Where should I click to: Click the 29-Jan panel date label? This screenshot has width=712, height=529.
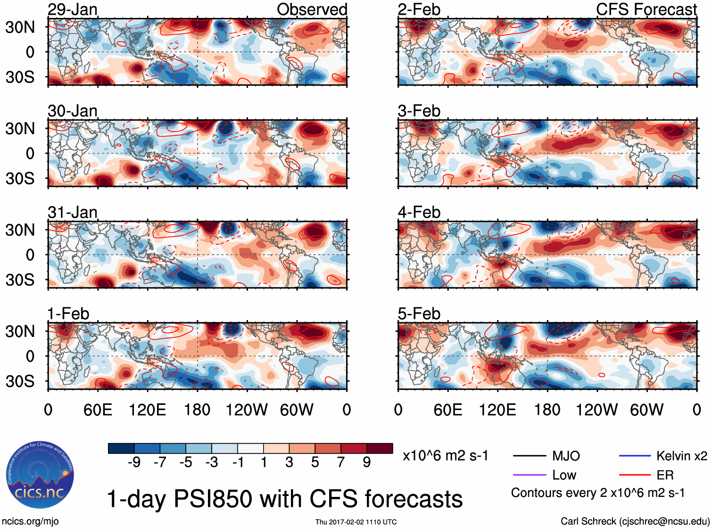coord(73,9)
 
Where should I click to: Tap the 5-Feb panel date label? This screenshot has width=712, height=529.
coord(419,314)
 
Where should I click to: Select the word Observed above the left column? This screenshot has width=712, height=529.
coord(312,9)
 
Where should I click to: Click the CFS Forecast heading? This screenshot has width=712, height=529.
coord(646,9)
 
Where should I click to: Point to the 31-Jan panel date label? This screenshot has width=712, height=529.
coord(73,212)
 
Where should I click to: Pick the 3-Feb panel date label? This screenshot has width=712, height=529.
coord(419,111)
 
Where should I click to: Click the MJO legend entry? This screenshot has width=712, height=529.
coord(566,456)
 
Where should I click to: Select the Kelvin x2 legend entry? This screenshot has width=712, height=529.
coord(681,456)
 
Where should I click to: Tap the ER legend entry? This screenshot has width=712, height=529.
coord(665,475)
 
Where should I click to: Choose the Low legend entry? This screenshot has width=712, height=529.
coord(564,475)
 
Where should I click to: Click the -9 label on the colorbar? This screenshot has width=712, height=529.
coord(134,462)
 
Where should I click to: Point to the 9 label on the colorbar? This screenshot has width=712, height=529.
coord(366,462)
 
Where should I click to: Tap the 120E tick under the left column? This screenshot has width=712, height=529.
coord(148,410)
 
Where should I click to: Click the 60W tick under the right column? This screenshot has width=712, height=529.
coord(646,410)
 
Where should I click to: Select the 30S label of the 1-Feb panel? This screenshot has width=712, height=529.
coord(20,381)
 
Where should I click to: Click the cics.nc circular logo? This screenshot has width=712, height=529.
coord(40,476)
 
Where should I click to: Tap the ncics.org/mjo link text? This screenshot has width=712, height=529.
coord(30,521)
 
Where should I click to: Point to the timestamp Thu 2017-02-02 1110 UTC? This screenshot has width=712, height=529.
coord(356,522)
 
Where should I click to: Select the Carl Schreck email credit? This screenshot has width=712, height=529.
coord(635,521)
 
